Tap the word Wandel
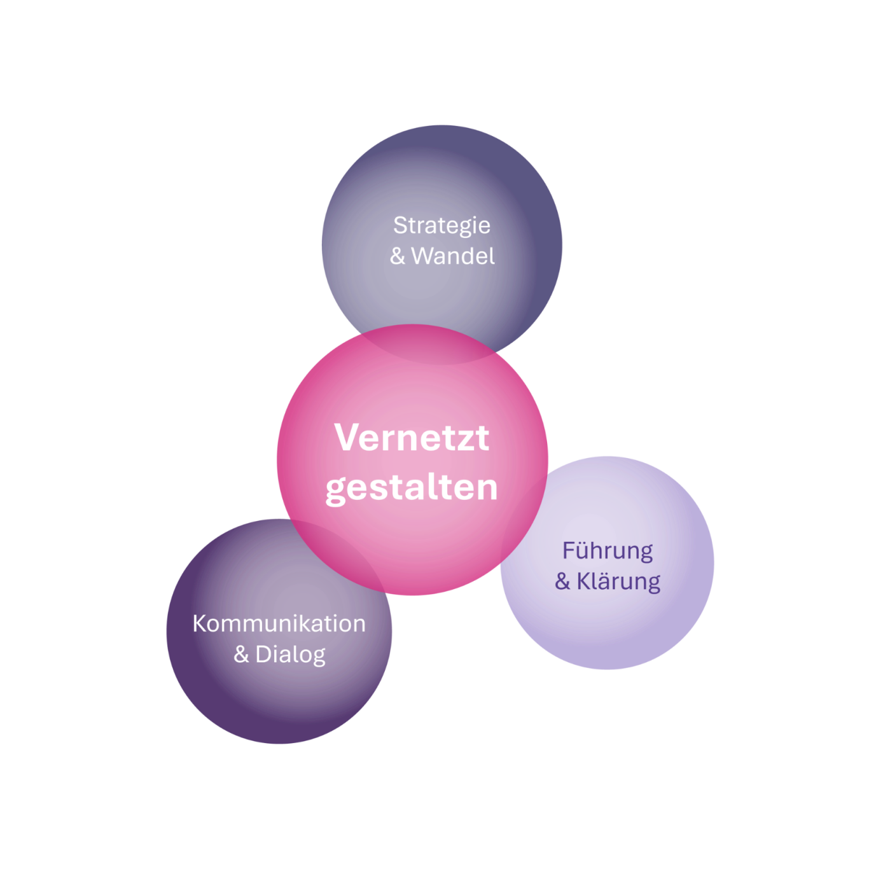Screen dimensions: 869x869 pos(452,256)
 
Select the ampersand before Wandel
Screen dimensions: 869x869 pos(398,256)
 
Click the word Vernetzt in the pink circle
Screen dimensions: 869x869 pos(411,437)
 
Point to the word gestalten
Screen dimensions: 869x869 pos(411,489)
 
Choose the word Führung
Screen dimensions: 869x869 pos(607,552)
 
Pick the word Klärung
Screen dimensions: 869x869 pos(618,581)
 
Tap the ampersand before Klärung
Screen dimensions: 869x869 pos(562,581)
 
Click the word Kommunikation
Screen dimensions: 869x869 pos(279,623)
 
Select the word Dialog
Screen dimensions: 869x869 pos(291,655)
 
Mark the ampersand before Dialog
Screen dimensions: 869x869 pos(241,655)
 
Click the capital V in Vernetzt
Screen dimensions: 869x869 pos(348,437)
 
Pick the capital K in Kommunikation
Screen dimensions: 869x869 pos(200,623)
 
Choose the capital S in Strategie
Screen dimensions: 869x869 pos(400,225)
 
